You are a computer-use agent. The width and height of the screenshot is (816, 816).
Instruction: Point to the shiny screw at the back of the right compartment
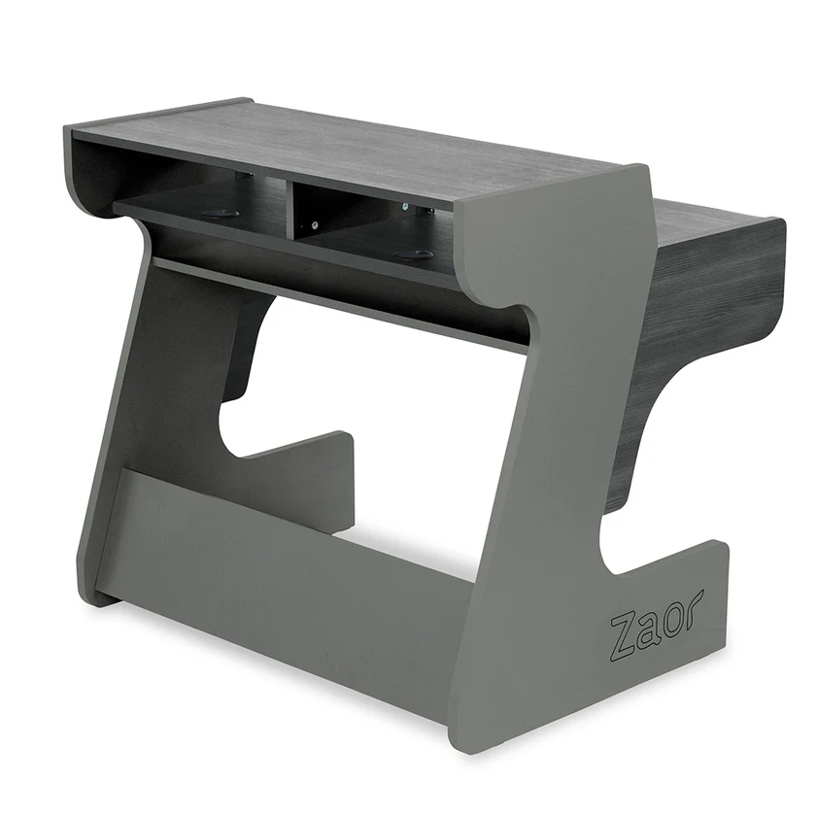tap(403, 207)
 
